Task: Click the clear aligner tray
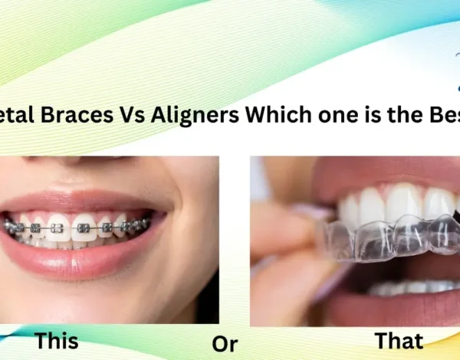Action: coord(383,234)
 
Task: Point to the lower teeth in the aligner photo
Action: coord(406,289)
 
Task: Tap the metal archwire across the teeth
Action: coord(77,227)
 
